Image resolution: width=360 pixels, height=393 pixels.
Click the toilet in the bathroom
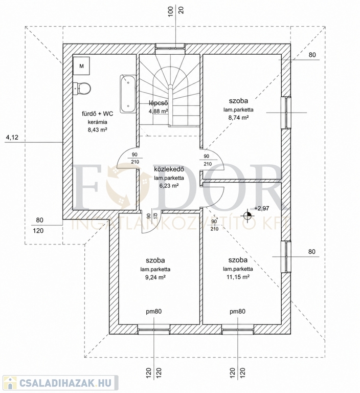pos(82,88)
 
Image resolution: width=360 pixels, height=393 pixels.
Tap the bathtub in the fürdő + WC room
pos(128,94)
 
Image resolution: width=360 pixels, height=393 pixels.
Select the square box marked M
pos(81,66)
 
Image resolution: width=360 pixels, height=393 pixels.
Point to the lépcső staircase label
pos(158,103)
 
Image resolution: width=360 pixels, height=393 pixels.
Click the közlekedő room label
pos(169,169)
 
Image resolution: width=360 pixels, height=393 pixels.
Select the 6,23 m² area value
pos(169,186)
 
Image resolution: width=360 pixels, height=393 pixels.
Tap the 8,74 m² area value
pos(238,117)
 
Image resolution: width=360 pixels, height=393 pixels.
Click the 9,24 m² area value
pos(155,277)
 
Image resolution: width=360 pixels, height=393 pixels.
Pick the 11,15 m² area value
pos(238,277)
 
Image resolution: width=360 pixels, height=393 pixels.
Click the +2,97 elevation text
pos(261,208)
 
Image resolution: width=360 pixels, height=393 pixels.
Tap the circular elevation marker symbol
pos(247,215)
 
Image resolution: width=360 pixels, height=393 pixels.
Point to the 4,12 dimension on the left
pos(12,137)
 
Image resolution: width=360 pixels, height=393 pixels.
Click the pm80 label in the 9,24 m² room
pos(154,312)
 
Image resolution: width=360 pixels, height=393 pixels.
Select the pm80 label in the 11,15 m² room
pos(237,312)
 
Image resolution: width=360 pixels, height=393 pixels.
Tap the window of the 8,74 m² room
pos(286,113)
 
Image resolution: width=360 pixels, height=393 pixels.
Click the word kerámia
pos(98,122)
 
